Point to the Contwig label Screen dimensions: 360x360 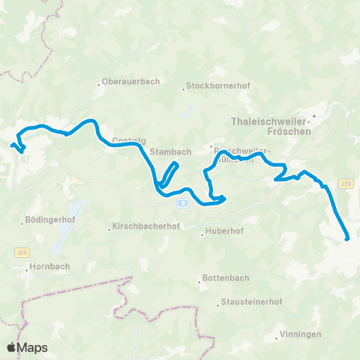point(125,140)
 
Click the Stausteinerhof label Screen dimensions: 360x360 point(251,302)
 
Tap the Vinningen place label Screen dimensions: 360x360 point(301,334)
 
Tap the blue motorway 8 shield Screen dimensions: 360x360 point(183,202)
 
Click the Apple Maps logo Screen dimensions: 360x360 point(27,347)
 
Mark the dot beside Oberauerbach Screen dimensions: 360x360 point(99,82)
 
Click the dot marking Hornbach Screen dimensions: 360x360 point(27,268)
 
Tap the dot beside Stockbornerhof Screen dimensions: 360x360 point(183,91)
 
